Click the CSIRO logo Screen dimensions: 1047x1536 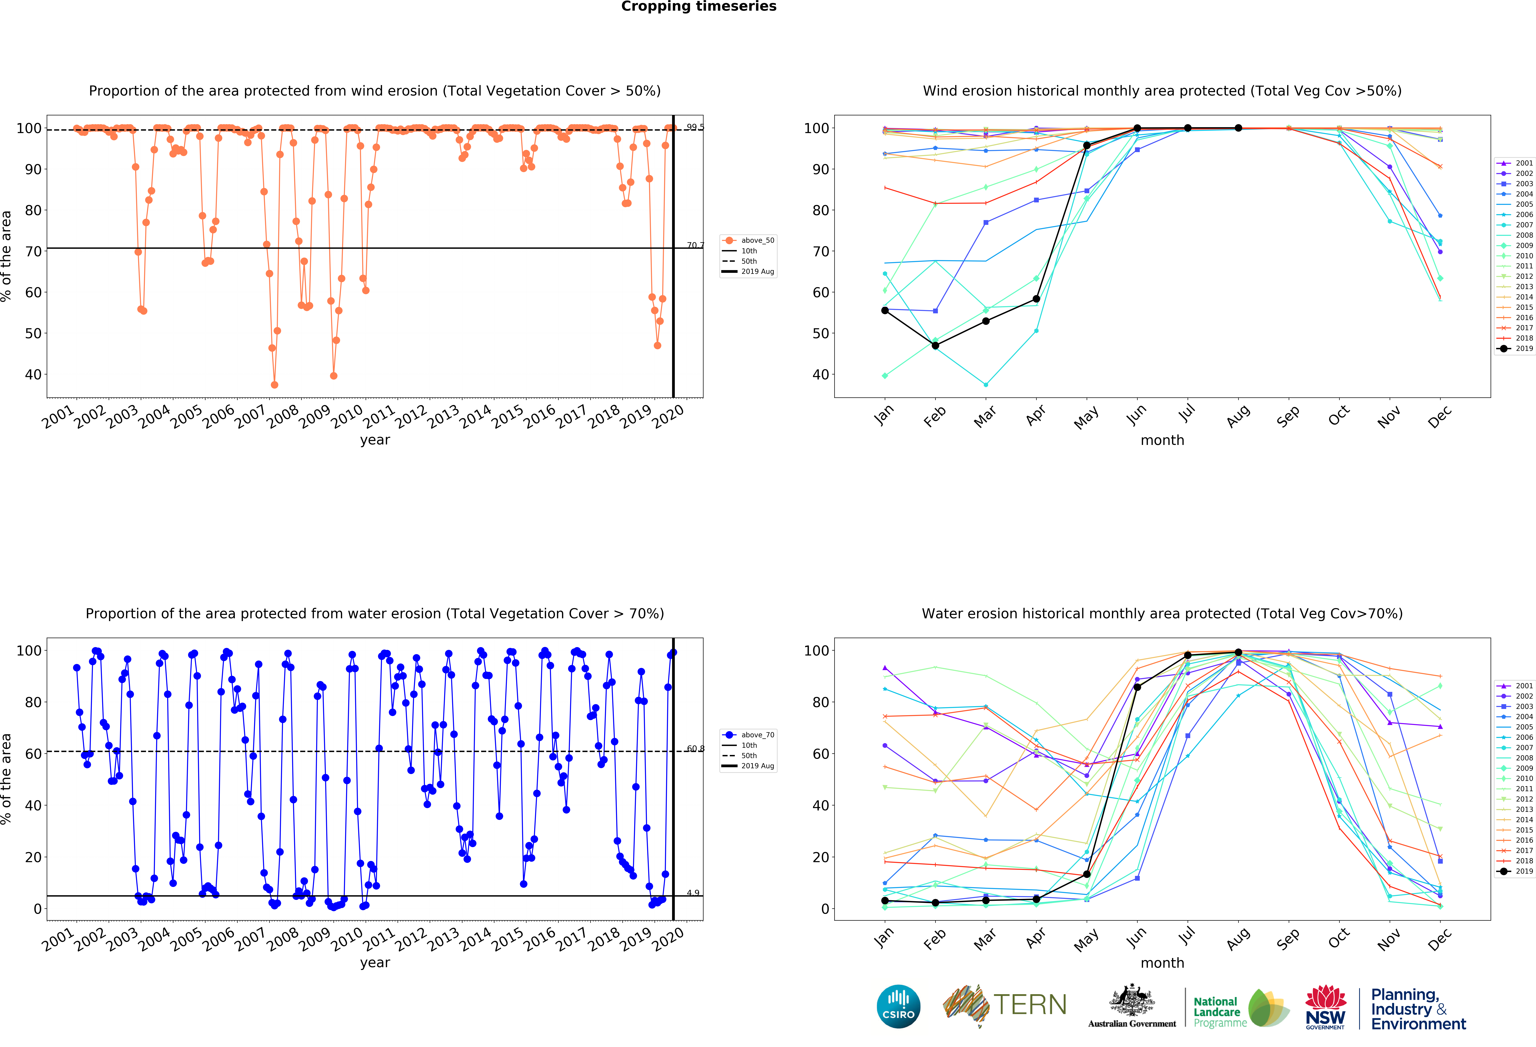tap(898, 1006)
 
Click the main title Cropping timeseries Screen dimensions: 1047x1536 tap(699, 7)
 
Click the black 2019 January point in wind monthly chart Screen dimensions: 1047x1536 tap(885, 310)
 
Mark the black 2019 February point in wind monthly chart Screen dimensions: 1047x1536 tap(935, 346)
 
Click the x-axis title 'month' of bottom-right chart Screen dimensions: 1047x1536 tap(1162, 963)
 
